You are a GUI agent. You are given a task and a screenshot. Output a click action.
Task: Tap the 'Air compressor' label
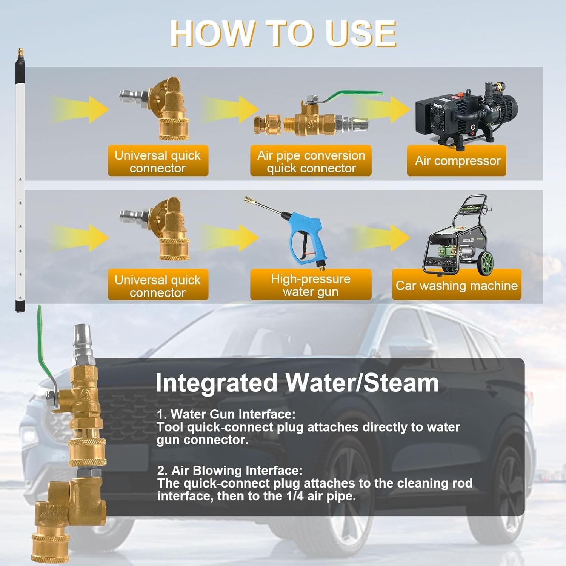457,161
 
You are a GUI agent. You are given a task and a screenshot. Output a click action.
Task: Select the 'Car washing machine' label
457,285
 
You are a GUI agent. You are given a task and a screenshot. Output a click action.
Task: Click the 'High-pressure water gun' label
311,285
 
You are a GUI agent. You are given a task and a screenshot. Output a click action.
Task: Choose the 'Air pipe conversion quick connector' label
311,161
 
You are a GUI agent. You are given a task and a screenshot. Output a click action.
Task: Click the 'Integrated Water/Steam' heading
297,383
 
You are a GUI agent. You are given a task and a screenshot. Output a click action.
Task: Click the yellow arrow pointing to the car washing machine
381,238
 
